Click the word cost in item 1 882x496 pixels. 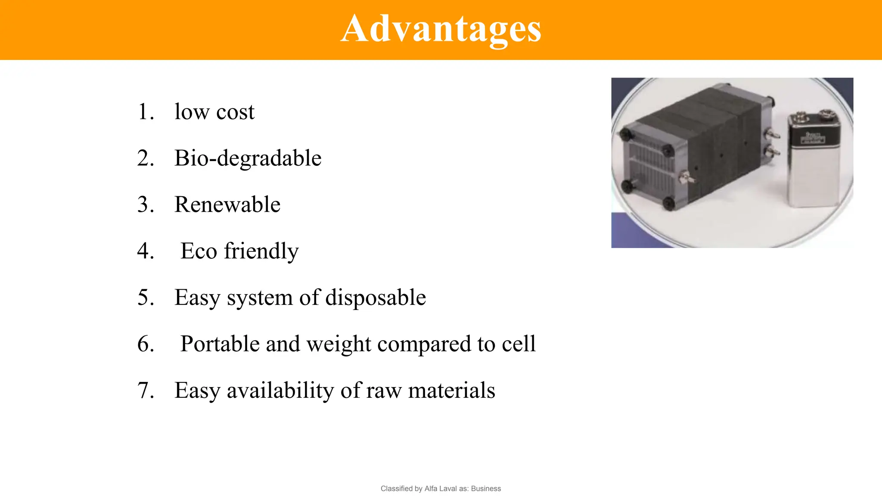(235, 112)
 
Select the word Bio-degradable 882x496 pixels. (248, 158)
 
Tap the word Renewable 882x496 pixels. (227, 205)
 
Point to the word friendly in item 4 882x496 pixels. (261, 251)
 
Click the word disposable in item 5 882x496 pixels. (376, 298)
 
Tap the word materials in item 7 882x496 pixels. (451, 391)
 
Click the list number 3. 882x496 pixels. (146, 205)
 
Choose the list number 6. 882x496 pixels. (146, 344)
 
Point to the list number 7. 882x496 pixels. (146, 391)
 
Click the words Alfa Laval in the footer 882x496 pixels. (441, 489)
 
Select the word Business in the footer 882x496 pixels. (486, 489)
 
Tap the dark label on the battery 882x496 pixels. (814, 138)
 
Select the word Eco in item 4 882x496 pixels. (199, 251)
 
